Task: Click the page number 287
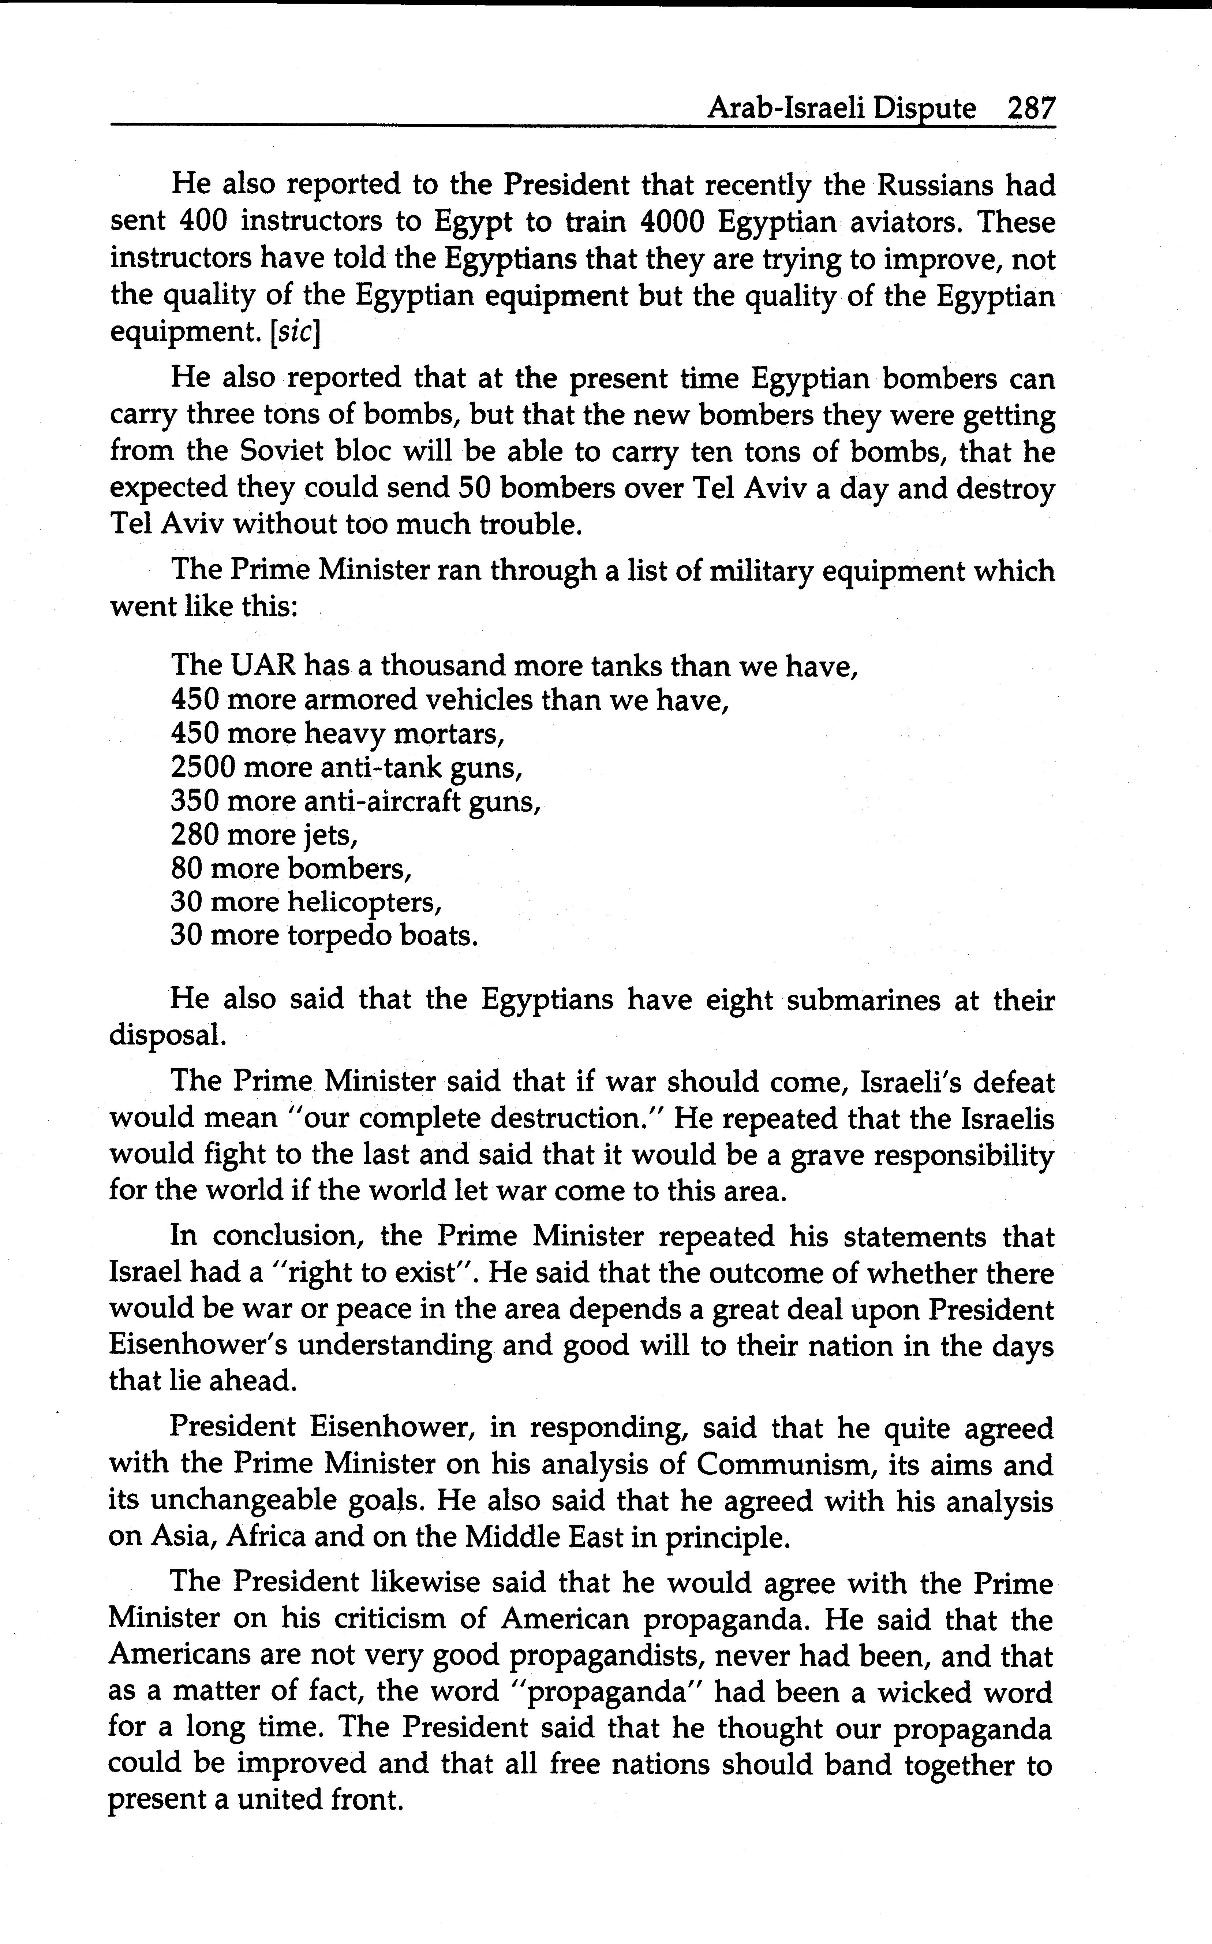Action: [1032, 108]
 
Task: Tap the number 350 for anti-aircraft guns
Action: [195, 801]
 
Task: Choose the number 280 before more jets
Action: [195, 835]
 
